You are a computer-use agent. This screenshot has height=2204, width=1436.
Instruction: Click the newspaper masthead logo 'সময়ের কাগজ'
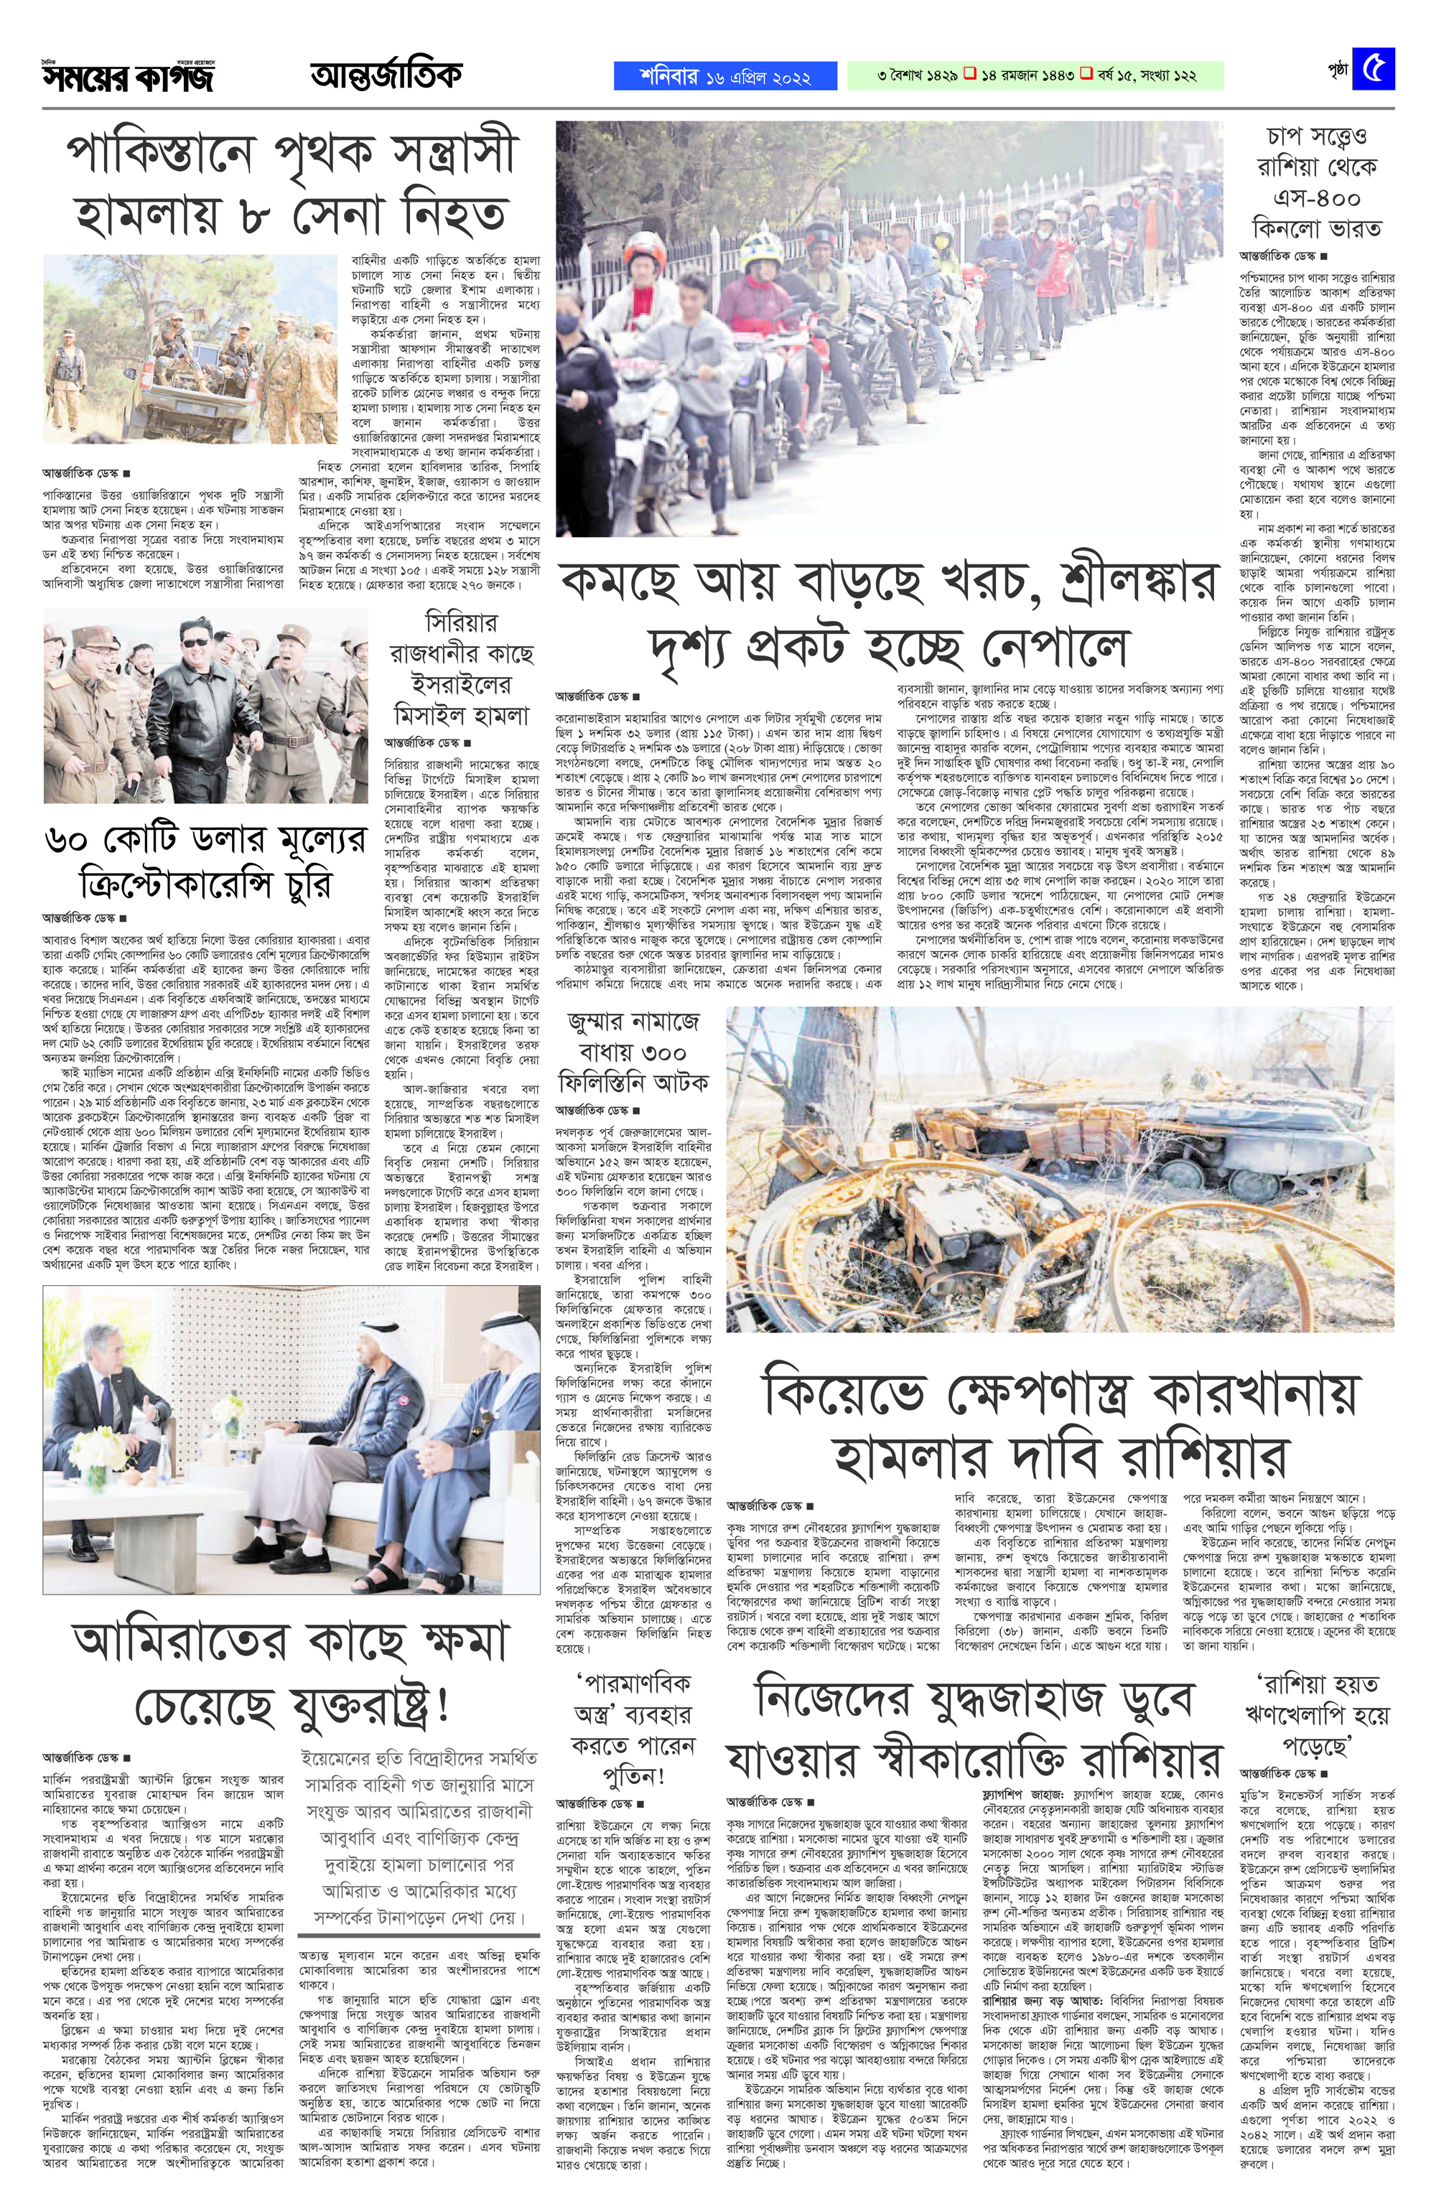coord(127,78)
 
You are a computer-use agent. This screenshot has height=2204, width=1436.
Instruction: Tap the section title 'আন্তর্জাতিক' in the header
coord(386,76)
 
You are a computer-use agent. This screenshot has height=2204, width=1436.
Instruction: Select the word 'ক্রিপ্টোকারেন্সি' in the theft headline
coord(190,882)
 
